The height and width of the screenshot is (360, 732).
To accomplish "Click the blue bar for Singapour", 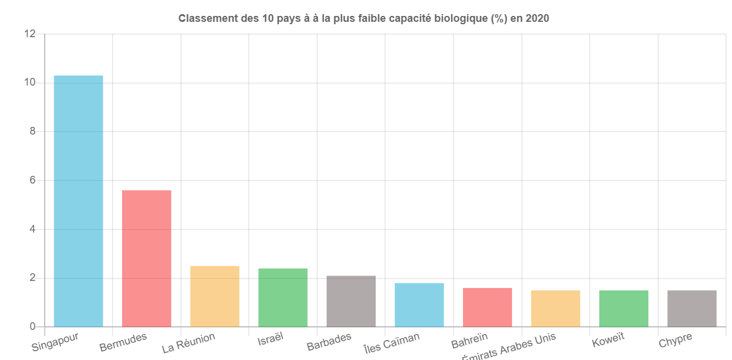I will click(78, 201).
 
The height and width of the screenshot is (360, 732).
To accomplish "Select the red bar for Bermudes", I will click(146, 258).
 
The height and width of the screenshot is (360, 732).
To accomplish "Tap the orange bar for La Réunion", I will click(215, 296).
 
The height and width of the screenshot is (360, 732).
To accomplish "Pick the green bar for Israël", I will click(283, 297).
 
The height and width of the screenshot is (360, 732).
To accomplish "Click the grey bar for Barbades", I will click(351, 301).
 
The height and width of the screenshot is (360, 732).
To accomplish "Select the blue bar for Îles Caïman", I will click(419, 305).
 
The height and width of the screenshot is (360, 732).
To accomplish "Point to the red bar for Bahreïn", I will click(487, 307).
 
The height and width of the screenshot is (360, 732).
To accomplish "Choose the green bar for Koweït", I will click(623, 308).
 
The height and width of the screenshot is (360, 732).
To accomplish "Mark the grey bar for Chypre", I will click(692, 308).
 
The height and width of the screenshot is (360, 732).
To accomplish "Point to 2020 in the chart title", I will click(537, 18).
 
